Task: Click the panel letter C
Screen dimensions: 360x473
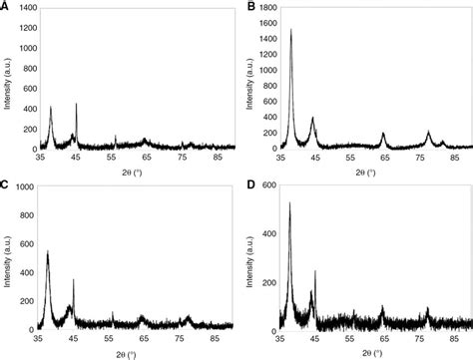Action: tap(7, 185)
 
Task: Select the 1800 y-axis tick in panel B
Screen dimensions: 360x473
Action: tap(263, 8)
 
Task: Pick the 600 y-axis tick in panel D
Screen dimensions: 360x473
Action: tap(266, 186)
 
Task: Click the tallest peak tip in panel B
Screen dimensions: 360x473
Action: tap(290, 29)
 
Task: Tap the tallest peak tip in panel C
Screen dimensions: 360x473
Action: tap(48, 250)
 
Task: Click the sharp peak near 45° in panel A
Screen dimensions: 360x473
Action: tap(77, 104)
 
